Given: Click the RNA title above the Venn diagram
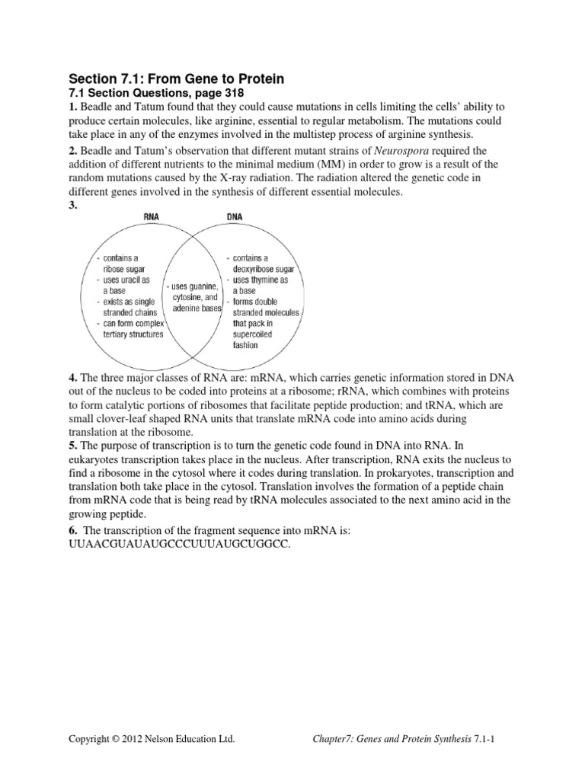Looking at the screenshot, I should [x=152, y=216].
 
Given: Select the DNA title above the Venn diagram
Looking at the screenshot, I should [x=235, y=216].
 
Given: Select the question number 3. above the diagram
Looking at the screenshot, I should [x=73, y=206].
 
